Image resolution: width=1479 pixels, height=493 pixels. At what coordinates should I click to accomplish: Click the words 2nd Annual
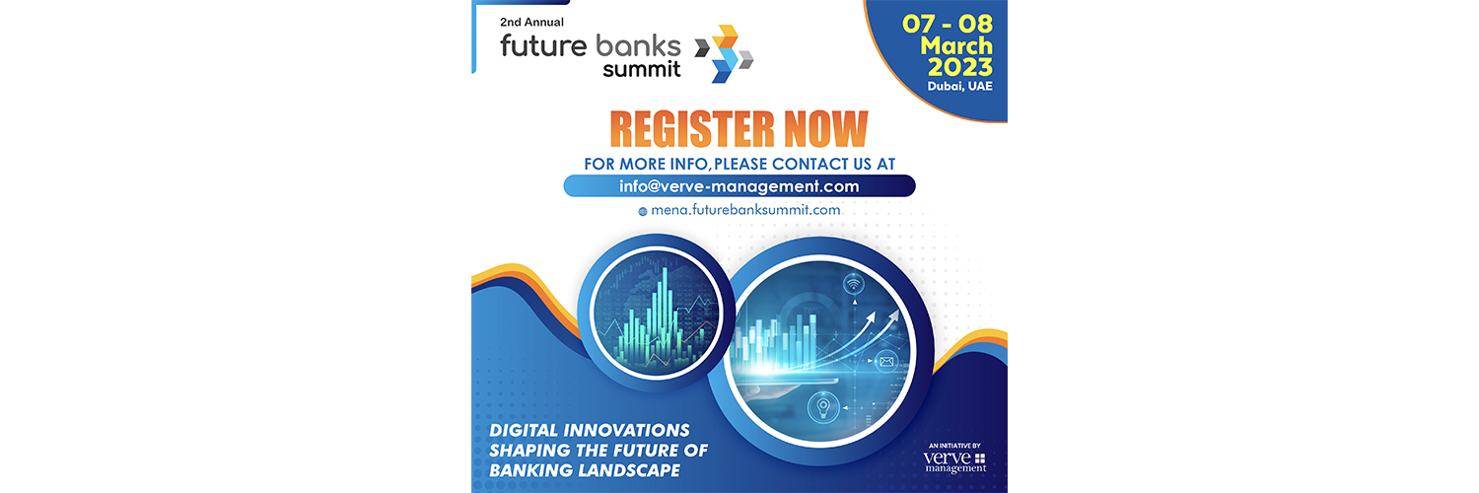point(531,22)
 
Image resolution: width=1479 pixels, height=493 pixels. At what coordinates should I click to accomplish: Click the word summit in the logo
point(641,69)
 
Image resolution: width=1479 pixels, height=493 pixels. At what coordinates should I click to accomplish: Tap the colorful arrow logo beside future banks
point(724,53)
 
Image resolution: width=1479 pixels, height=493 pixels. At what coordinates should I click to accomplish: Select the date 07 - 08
point(948,25)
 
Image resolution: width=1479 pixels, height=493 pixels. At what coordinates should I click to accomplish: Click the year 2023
point(960,67)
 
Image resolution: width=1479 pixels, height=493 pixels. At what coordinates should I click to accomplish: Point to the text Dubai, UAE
point(959,87)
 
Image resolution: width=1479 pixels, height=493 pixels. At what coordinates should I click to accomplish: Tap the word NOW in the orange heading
point(826,129)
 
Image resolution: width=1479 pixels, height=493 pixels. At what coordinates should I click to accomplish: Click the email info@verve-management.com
point(739,186)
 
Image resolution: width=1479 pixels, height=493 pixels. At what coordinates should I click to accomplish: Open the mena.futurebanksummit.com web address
point(745,210)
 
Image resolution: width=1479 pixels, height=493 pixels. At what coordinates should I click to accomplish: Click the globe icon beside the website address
point(643,212)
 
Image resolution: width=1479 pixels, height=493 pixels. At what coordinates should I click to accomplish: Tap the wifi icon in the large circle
point(854,285)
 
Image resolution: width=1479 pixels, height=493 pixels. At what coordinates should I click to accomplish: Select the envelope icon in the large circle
point(886,362)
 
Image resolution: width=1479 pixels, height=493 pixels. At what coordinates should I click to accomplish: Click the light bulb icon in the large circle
point(822,407)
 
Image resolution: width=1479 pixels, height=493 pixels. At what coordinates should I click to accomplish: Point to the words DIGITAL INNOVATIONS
point(589,430)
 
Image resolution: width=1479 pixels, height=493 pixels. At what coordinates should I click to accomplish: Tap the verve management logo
point(954,462)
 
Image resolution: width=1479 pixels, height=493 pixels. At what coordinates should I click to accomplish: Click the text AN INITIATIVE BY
point(954,446)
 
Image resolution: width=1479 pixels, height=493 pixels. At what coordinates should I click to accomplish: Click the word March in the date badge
point(956,45)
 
